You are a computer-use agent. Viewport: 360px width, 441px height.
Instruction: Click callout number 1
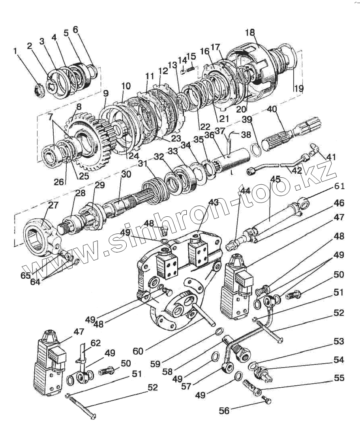click(16, 51)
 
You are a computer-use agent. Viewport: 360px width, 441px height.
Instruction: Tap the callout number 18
click(250, 32)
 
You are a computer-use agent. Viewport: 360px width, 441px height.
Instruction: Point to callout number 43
click(214, 202)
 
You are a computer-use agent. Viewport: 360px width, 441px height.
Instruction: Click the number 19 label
click(298, 88)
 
